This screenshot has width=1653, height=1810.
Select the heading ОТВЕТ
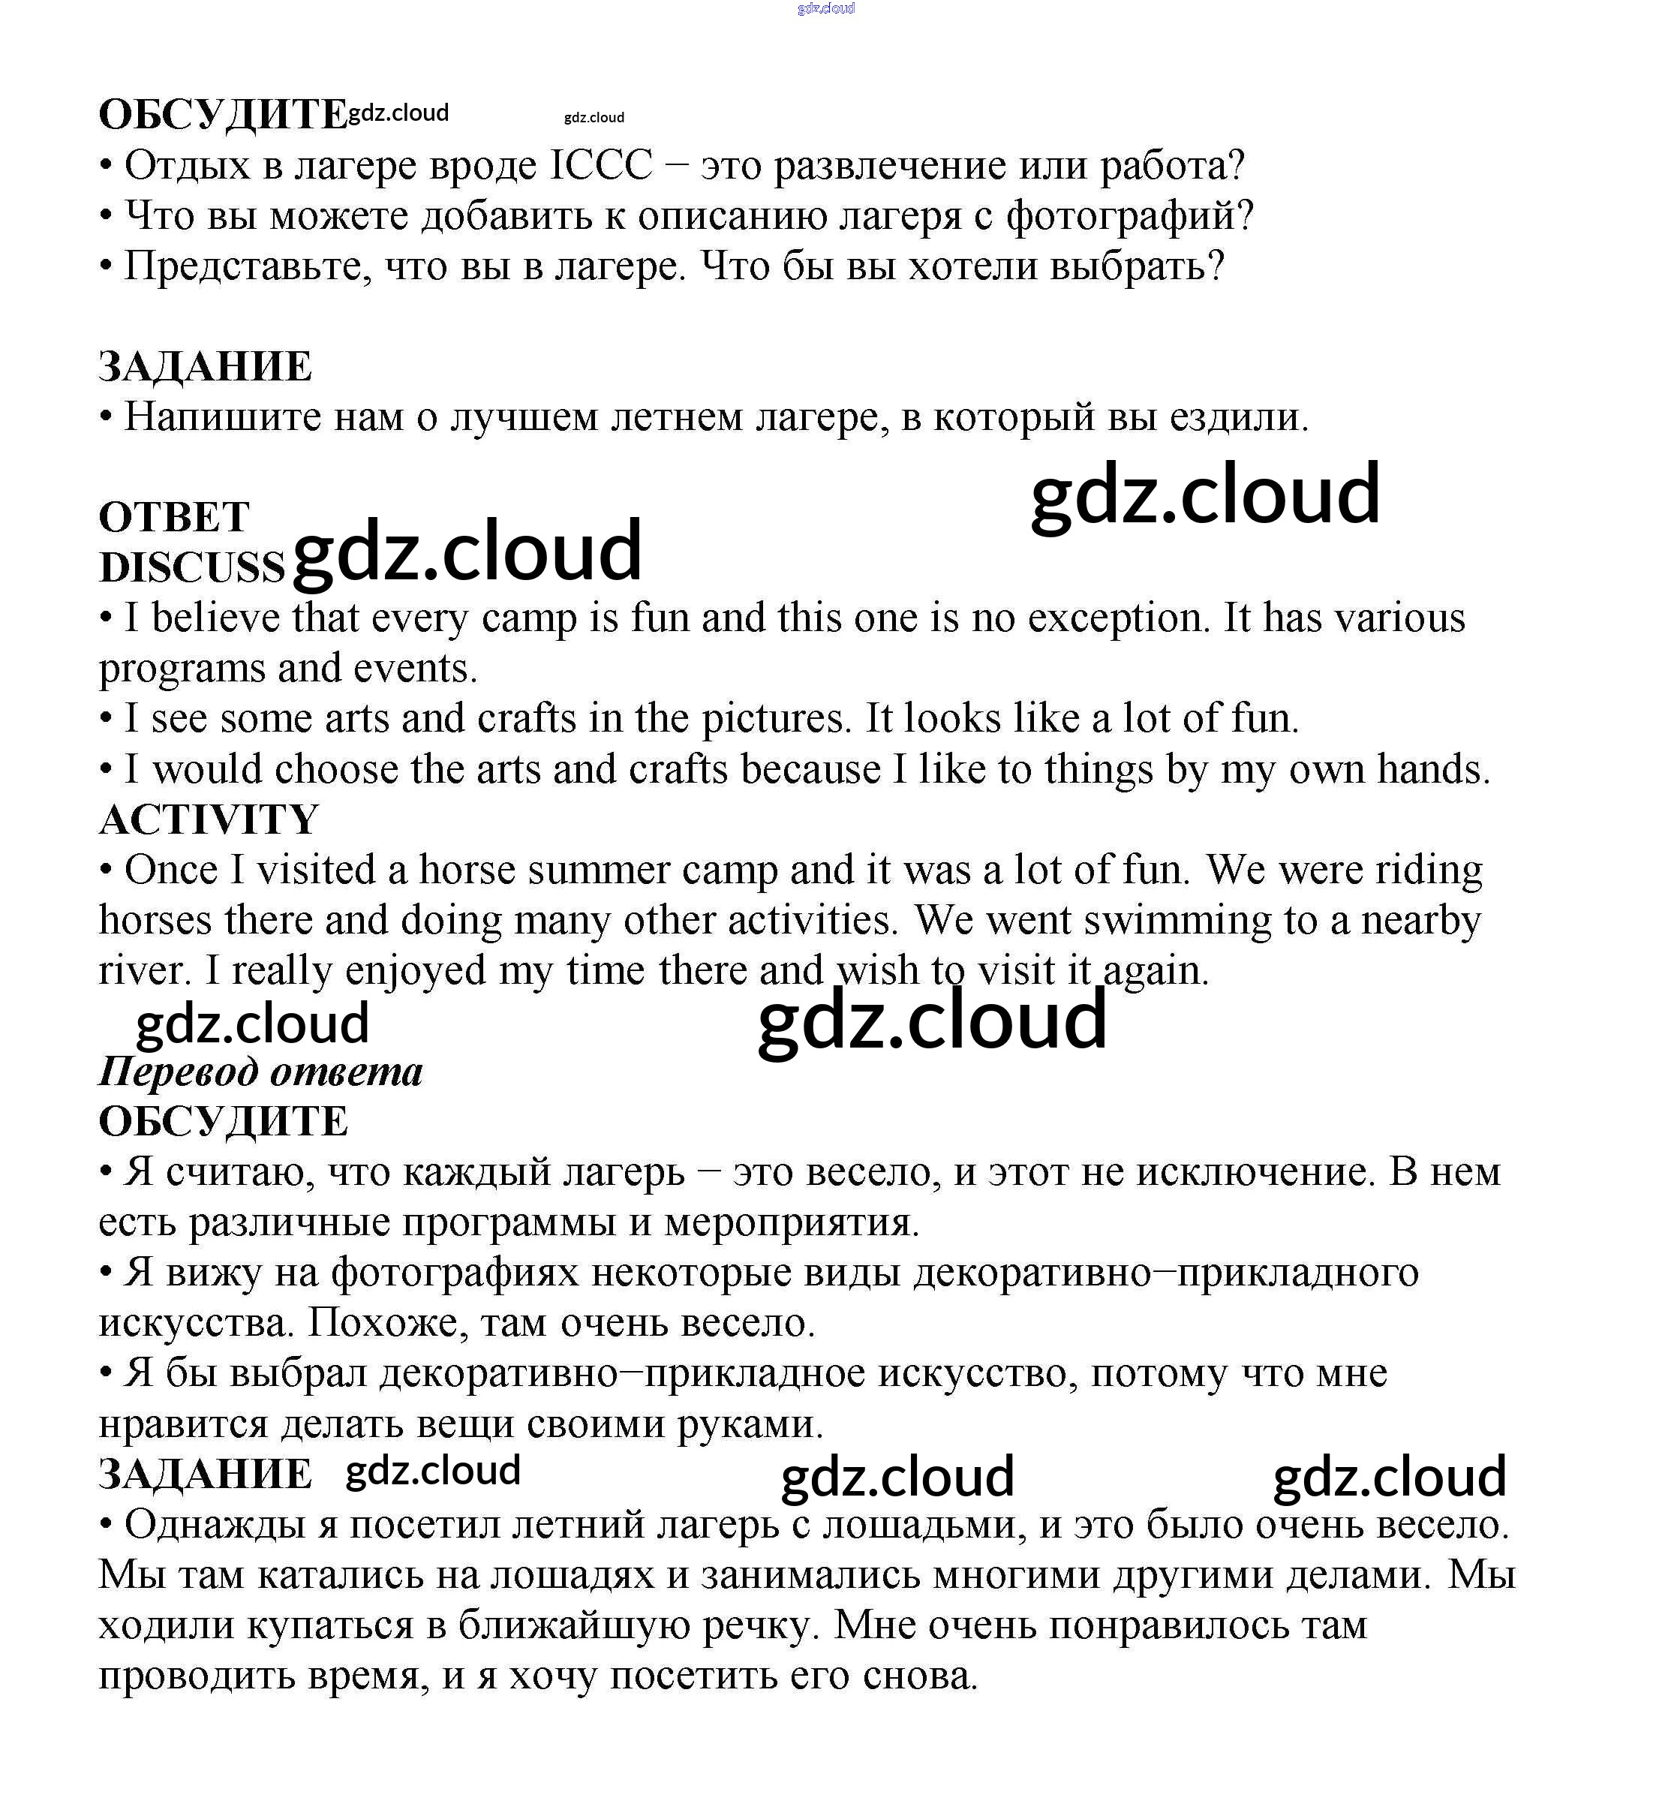174,517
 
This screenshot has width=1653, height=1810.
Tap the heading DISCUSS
191,567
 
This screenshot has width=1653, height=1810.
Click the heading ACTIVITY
209,819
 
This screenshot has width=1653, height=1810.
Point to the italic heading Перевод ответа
260,1071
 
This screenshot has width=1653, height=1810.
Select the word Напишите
223,416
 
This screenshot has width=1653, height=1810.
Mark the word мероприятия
791,1223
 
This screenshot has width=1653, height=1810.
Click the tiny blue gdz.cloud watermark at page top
825,9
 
